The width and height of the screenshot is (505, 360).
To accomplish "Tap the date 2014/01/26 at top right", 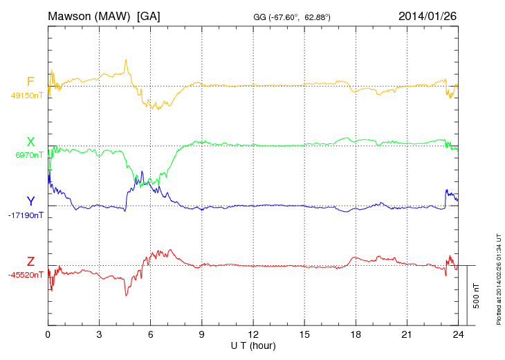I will click(x=428, y=15).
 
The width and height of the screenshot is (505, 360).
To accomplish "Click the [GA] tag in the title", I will click(x=149, y=15).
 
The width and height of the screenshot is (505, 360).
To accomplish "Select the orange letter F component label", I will click(x=30, y=82).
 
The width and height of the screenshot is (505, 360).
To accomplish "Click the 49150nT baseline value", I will click(x=27, y=96).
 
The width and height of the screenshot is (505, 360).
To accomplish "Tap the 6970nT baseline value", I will click(x=29, y=155).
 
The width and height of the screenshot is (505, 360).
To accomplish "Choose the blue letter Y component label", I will click(x=30, y=201).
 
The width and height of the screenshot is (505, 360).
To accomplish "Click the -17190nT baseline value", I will click(x=26, y=215).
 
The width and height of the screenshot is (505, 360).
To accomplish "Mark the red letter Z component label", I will click(x=30, y=261).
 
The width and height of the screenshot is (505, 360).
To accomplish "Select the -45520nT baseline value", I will click(x=26, y=275).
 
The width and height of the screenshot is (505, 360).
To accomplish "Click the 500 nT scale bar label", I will click(x=477, y=296).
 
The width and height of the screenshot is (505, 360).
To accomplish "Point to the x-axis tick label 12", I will click(x=253, y=334).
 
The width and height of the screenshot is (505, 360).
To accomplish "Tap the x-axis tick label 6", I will click(x=151, y=334).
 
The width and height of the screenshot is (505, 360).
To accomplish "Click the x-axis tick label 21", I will click(x=407, y=334).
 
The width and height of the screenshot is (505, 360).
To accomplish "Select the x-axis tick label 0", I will click(x=48, y=334).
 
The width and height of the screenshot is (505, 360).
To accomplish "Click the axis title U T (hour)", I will click(x=253, y=345).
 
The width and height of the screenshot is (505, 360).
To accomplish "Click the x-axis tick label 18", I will click(x=356, y=334).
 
